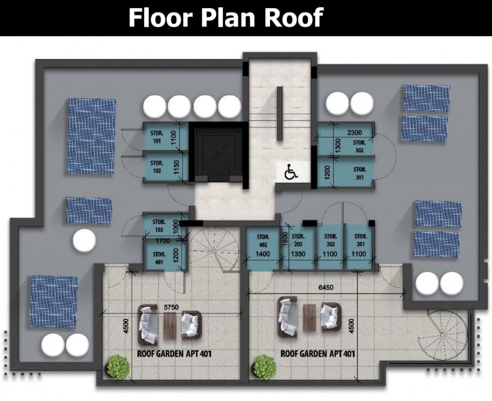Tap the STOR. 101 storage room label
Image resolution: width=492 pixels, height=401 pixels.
157,137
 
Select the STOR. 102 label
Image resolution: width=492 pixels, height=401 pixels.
157,167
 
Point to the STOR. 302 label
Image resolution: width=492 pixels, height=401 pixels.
359,146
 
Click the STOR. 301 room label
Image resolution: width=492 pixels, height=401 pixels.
360,173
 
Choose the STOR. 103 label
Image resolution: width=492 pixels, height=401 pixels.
159,226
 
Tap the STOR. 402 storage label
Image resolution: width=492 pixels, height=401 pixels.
262,240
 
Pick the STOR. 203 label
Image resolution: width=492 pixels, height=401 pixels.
298,240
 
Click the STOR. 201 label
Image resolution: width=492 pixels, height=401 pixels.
360,240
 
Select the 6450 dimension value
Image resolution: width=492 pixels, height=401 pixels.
326,287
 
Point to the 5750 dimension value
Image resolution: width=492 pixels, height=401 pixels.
171,307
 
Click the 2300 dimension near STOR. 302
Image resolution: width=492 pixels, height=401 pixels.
355,133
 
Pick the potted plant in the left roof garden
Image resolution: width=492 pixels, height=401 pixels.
118,366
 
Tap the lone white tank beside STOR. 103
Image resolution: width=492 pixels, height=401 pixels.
84,241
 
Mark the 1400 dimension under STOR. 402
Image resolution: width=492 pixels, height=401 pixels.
262,254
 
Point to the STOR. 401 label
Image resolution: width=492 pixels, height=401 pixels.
159,258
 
